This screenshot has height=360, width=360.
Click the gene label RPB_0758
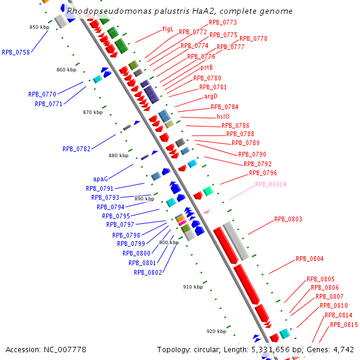coord(16,52)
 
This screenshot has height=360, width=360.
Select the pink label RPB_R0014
coord(271,184)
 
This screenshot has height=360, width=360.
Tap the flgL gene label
coord(167,29)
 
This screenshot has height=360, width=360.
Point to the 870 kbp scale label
coord(93,112)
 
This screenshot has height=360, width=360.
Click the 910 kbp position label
coord(193,287)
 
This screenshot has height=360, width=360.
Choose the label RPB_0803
coord(289,219)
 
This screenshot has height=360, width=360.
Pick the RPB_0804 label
coord(310,259)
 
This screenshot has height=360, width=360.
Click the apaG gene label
coord(100,179)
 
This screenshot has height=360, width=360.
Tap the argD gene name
coord(211,96)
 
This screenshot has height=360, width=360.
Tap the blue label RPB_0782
coord(76,149)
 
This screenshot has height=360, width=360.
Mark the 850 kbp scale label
coord(40,27)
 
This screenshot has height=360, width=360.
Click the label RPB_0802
coord(148,272)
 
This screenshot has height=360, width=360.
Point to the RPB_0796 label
coord(263,173)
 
